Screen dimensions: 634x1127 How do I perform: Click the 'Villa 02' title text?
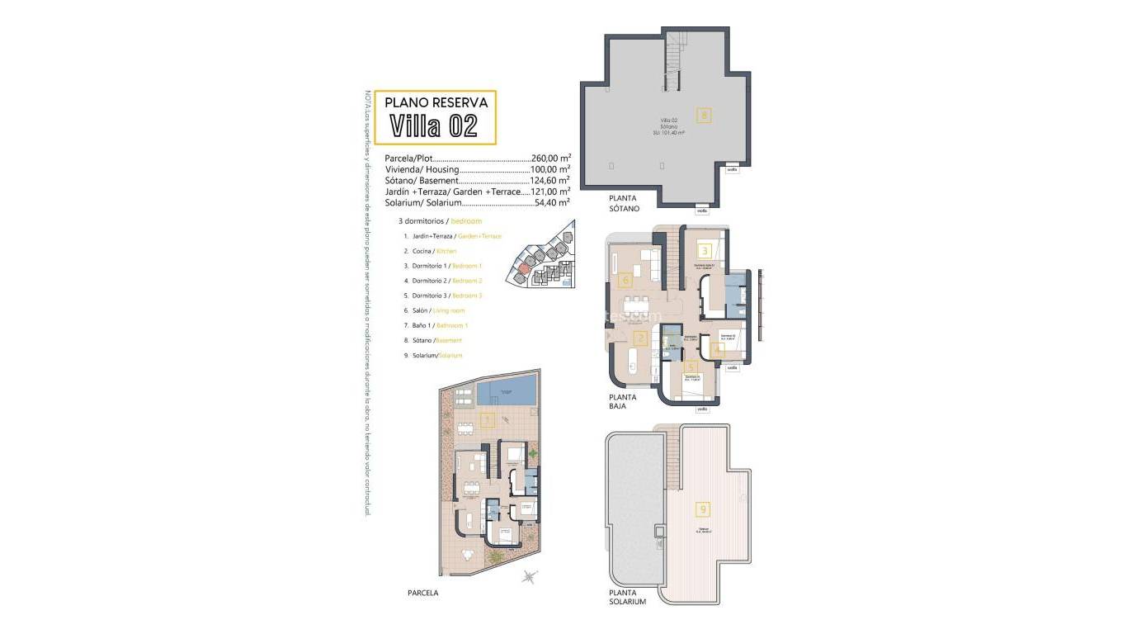pos(434,126)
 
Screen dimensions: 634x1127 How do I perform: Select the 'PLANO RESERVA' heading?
pos(436,102)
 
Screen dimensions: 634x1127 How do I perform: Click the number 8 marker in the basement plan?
pos(703,116)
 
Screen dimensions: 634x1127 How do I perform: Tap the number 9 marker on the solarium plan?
pos(703,509)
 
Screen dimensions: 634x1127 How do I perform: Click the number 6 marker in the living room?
pos(626,280)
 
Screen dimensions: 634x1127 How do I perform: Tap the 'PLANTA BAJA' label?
pos(623,402)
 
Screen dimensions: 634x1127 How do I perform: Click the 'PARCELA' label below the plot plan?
pos(423,593)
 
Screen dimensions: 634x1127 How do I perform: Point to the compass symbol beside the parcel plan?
pos(530,577)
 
